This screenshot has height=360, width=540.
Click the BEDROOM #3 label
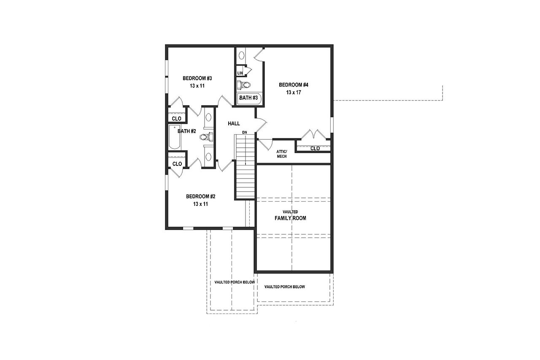coord(197,78)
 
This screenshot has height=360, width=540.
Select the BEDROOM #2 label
coord(201,196)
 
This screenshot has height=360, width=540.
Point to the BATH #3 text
coord(248,98)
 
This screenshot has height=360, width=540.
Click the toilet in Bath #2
coord(205,137)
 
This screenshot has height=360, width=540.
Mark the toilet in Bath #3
coord(244,85)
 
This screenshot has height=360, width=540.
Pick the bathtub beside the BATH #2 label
coord(174,137)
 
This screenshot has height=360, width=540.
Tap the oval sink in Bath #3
coord(242,55)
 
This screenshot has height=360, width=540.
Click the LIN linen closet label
coord(240,73)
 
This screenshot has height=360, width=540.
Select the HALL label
coord(234,124)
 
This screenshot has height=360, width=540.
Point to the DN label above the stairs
coord(244,133)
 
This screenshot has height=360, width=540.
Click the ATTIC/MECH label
coord(282,154)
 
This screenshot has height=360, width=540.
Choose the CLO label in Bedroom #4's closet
coord(315,149)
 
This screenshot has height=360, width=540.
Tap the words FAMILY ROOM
coord(290,218)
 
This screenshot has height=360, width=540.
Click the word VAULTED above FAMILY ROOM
coord(290,211)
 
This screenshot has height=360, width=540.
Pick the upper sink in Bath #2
coord(208,117)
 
